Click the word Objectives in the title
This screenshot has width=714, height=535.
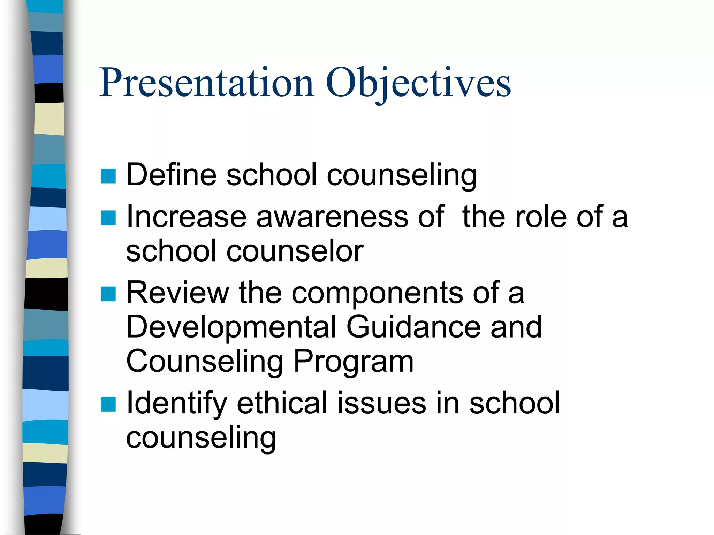click(418, 83)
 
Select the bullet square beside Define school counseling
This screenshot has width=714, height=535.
click(108, 176)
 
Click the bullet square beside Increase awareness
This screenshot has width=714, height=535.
click(108, 218)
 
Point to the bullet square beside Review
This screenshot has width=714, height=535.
click(108, 294)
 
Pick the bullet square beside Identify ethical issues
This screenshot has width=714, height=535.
click(108, 404)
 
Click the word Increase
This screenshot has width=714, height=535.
click(187, 217)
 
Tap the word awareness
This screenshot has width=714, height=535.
click(332, 217)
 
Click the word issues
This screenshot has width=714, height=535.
click(382, 403)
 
